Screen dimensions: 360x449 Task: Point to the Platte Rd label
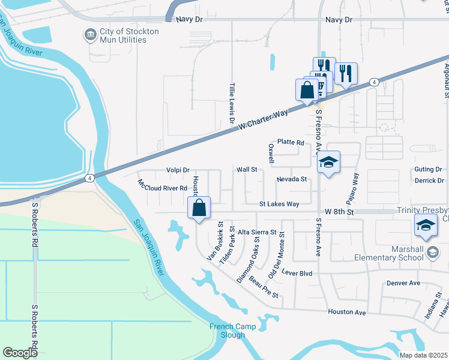point(291,142)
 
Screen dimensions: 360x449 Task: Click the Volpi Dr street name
point(178,170)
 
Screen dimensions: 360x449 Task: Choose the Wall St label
point(247,170)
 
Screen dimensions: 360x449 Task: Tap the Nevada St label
point(292,179)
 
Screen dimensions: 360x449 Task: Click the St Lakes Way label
point(279,204)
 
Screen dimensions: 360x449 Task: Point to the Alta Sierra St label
point(257,232)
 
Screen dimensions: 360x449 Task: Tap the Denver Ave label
point(403,283)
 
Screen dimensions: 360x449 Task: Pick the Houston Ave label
point(347,313)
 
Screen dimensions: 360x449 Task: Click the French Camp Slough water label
point(232,331)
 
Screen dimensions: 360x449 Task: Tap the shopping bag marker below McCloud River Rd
point(199,209)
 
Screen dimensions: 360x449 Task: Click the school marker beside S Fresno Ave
point(329,162)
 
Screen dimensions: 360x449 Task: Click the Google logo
point(20,353)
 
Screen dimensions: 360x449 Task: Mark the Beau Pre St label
point(264,287)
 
